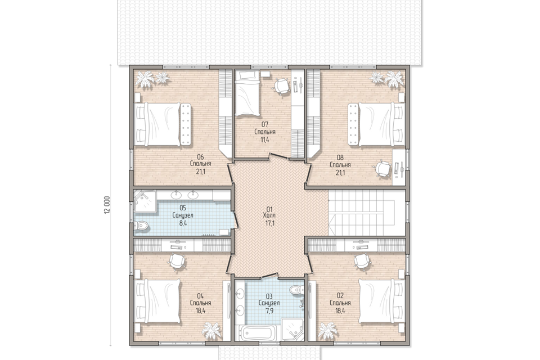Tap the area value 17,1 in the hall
point(269,223)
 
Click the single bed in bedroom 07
point(247,93)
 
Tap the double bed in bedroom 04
point(157,301)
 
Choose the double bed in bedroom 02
point(381,301)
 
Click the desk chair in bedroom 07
point(281,85)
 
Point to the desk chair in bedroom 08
point(382,169)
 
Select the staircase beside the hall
point(366,213)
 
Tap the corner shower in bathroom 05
point(145,200)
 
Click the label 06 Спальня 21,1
point(200,165)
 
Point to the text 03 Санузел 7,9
point(269,304)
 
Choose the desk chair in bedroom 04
point(177,261)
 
